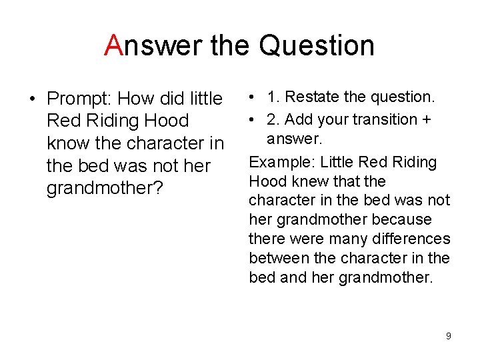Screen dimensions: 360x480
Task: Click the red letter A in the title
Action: (113, 45)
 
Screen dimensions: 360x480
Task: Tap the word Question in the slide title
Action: (317, 45)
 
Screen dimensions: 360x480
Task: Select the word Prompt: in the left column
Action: (79, 99)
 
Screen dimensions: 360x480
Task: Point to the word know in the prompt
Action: (66, 143)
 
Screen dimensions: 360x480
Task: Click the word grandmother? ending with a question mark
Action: (105, 188)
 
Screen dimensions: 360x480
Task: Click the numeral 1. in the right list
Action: (273, 97)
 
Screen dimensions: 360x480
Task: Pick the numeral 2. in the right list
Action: (273, 119)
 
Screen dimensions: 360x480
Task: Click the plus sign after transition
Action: (425, 119)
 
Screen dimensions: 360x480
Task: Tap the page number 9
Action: (448, 336)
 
